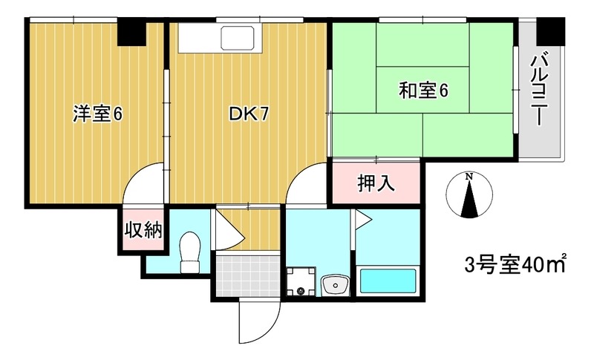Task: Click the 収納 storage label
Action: (143, 230)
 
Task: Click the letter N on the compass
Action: (469, 177)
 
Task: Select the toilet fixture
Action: (191, 252)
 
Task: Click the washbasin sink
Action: (335, 285)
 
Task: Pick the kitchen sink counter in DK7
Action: (221, 37)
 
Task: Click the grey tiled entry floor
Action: (247, 275)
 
